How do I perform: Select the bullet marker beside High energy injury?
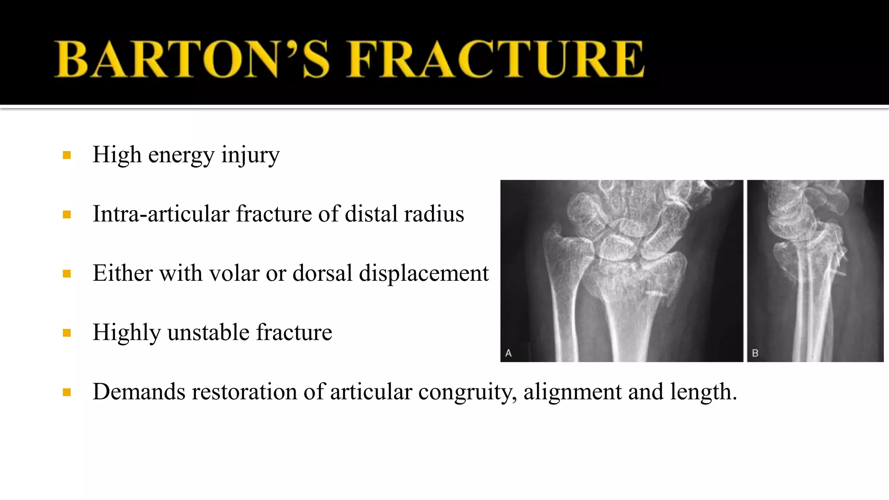point(67,155)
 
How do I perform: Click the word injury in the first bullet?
point(250,155)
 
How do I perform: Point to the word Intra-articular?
point(161,214)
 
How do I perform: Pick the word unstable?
point(208,332)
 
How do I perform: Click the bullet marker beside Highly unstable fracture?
point(67,333)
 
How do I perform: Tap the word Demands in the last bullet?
point(139,392)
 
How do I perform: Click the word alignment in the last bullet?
point(573,392)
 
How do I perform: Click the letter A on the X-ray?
point(508,353)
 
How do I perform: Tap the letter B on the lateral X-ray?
point(755,353)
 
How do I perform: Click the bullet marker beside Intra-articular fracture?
point(67,214)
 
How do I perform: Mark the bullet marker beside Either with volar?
point(67,274)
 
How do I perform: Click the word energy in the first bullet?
point(181,155)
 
